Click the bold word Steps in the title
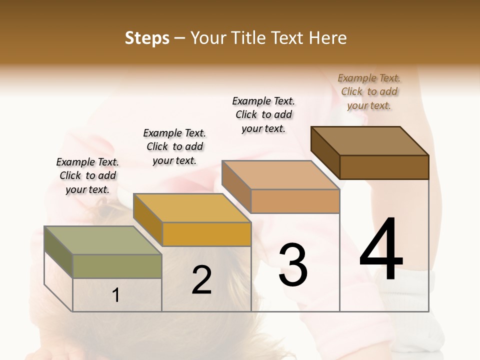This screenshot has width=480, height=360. coord(147,38)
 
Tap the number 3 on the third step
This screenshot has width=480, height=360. coord(293,265)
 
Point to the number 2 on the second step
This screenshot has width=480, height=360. coord(202,280)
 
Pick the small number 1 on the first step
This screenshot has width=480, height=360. coord(116,295)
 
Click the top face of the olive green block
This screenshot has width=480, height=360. coord(103,240)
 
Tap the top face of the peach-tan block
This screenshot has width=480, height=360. coord(280,175)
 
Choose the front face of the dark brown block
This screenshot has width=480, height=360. coord(384,167)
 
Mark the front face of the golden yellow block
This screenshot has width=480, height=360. coord(206,234)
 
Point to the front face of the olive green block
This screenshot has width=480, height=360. coord(117,266)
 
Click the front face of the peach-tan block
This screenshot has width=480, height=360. coord(295,201)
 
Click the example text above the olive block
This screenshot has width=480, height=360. coord(87,175)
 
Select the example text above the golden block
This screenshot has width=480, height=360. coord(174,146)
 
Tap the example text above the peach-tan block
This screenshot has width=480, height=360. coord(263,114)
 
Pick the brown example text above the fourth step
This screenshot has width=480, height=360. coord(369,91)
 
